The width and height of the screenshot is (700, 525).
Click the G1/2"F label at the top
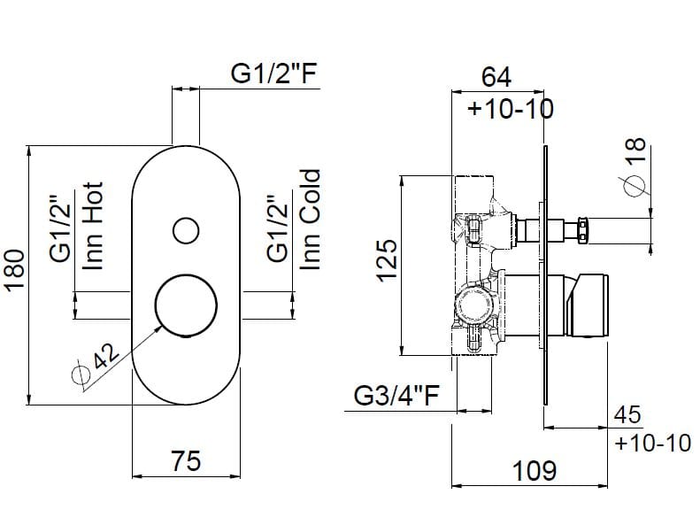273,75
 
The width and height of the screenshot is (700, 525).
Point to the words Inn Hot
93,226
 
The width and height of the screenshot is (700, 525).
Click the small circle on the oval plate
185,231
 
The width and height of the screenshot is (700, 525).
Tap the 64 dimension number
496,77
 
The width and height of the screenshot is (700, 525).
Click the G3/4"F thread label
397,396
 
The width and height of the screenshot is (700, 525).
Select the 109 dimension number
535,470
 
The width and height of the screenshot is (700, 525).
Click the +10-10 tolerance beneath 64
511,109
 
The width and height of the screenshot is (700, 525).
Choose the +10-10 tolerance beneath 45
653,442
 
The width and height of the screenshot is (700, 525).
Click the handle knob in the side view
591,305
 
